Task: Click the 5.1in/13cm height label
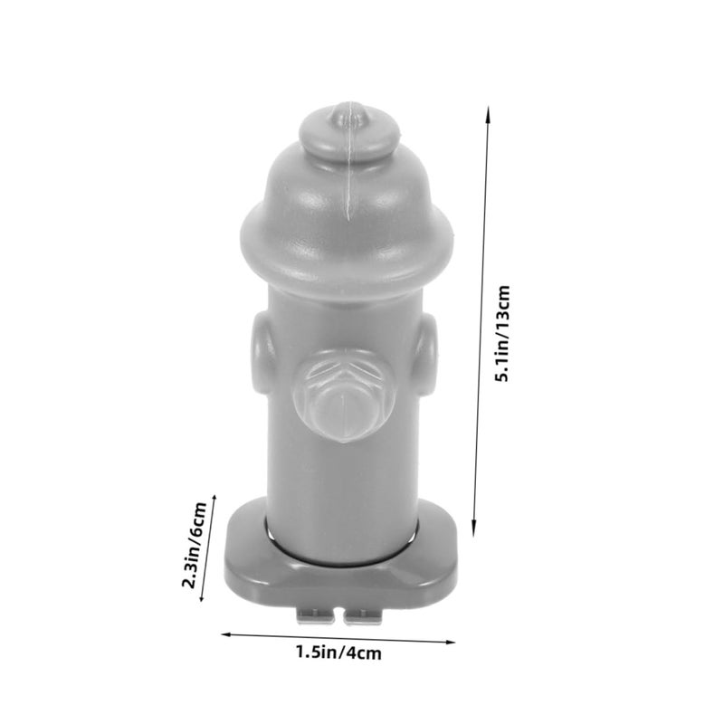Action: tap(503, 333)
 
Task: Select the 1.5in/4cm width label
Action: tap(338, 653)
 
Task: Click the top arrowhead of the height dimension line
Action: tap(487, 110)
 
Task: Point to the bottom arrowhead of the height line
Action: tap(473, 531)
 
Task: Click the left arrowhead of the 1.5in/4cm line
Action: tap(226, 634)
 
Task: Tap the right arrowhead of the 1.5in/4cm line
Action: tap(450, 642)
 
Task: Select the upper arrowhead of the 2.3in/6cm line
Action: tap(214, 500)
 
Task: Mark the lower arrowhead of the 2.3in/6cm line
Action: tap(202, 596)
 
